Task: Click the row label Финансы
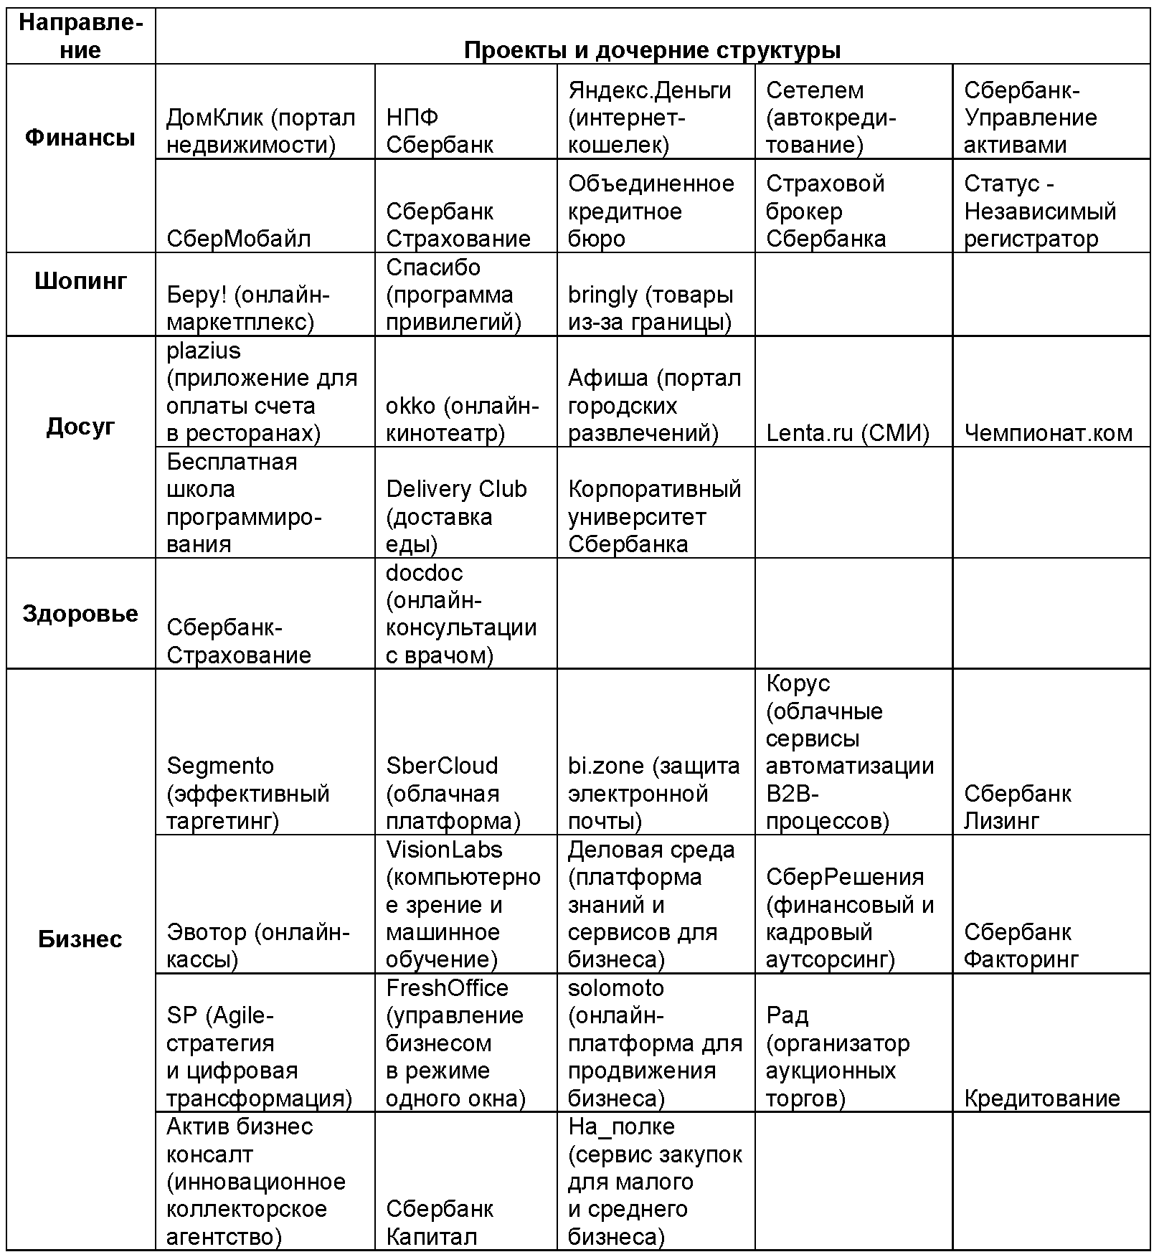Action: pos(80,138)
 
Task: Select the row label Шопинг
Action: pos(80,280)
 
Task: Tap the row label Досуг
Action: pos(80,427)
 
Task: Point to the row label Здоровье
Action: pos(80,614)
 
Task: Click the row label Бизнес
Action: pos(80,939)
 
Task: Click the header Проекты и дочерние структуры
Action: pos(652,50)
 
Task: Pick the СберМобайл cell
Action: pos(239,239)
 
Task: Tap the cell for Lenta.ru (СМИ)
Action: pos(847,433)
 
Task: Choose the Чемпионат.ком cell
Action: pos(1048,433)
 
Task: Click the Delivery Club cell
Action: pos(456,516)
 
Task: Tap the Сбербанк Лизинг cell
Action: pos(1017,807)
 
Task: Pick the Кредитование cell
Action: pos(1041,1099)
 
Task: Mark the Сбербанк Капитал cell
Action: pos(439,1223)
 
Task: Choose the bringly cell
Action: pos(650,308)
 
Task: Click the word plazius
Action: pos(204,351)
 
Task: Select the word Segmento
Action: pos(220,766)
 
